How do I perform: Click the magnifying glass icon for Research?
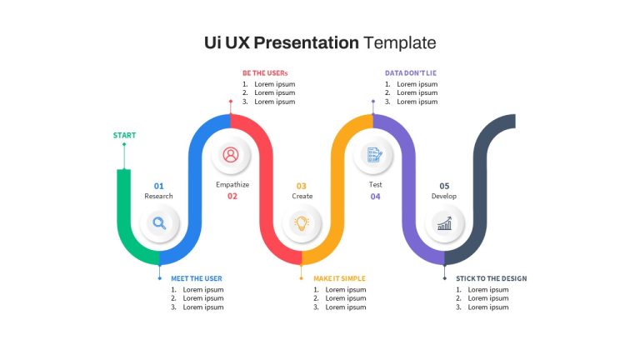pos(159,222)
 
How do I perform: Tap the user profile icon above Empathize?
pos(231,155)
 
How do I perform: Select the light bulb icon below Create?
pos(302,222)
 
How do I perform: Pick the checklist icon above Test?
pos(374,155)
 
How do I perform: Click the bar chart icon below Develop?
pos(444,223)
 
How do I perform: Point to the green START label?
pos(124,135)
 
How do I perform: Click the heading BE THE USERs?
pos(265,73)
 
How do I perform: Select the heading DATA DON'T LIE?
pos(411,73)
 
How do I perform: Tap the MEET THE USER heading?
pos(197,278)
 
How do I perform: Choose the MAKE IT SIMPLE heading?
pos(339,278)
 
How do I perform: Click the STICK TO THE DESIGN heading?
pos(492,278)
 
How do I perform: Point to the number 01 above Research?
pos(159,186)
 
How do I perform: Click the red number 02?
pos(232,197)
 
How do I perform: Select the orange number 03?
pos(301,186)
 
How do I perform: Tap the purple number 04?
pos(375,197)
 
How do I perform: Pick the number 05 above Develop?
pos(444,186)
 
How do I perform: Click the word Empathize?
pos(232,184)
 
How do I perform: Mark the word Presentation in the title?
pos(306,42)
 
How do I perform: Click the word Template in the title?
pos(400,42)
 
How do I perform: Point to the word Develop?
pos(444,196)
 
